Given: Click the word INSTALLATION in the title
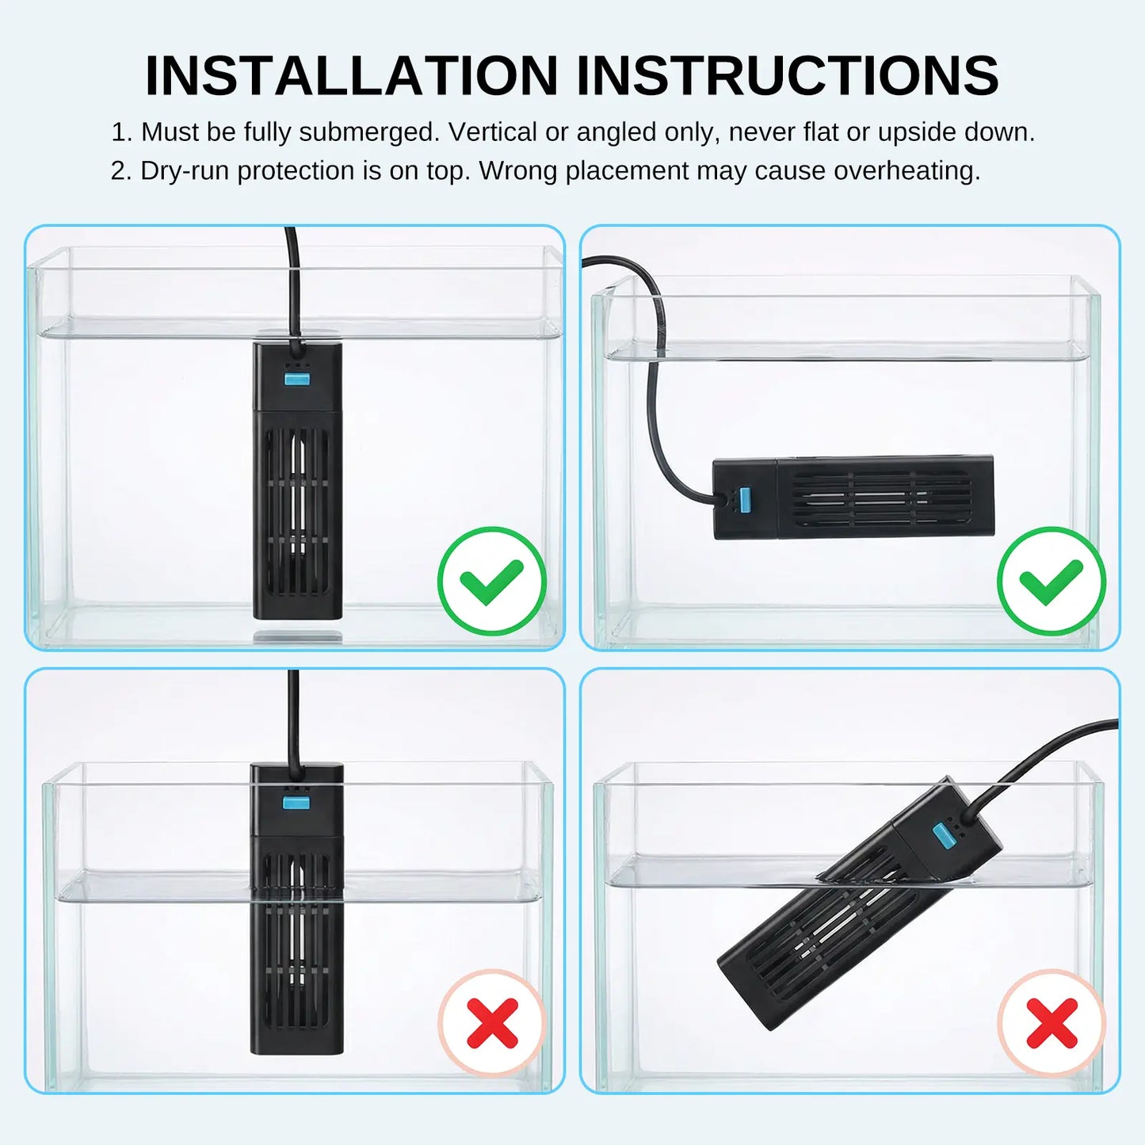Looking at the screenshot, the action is pyautogui.click(x=351, y=75).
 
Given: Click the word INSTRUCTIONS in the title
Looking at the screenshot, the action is pyautogui.click(x=788, y=75).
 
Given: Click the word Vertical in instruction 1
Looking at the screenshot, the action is pyautogui.click(x=493, y=132).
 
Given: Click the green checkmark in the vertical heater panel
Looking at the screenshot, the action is pyautogui.click(x=492, y=581).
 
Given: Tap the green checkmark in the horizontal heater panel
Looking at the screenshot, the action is pyautogui.click(x=1051, y=581).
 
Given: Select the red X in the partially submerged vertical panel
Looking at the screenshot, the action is pyautogui.click(x=492, y=1024).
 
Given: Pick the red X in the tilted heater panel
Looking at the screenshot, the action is pyautogui.click(x=1051, y=1024).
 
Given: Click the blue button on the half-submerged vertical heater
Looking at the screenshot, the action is pyautogui.click(x=296, y=804).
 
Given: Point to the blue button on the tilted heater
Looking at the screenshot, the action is pyautogui.click(x=942, y=836).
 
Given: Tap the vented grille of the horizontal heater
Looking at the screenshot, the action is pyautogui.click(x=884, y=498).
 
